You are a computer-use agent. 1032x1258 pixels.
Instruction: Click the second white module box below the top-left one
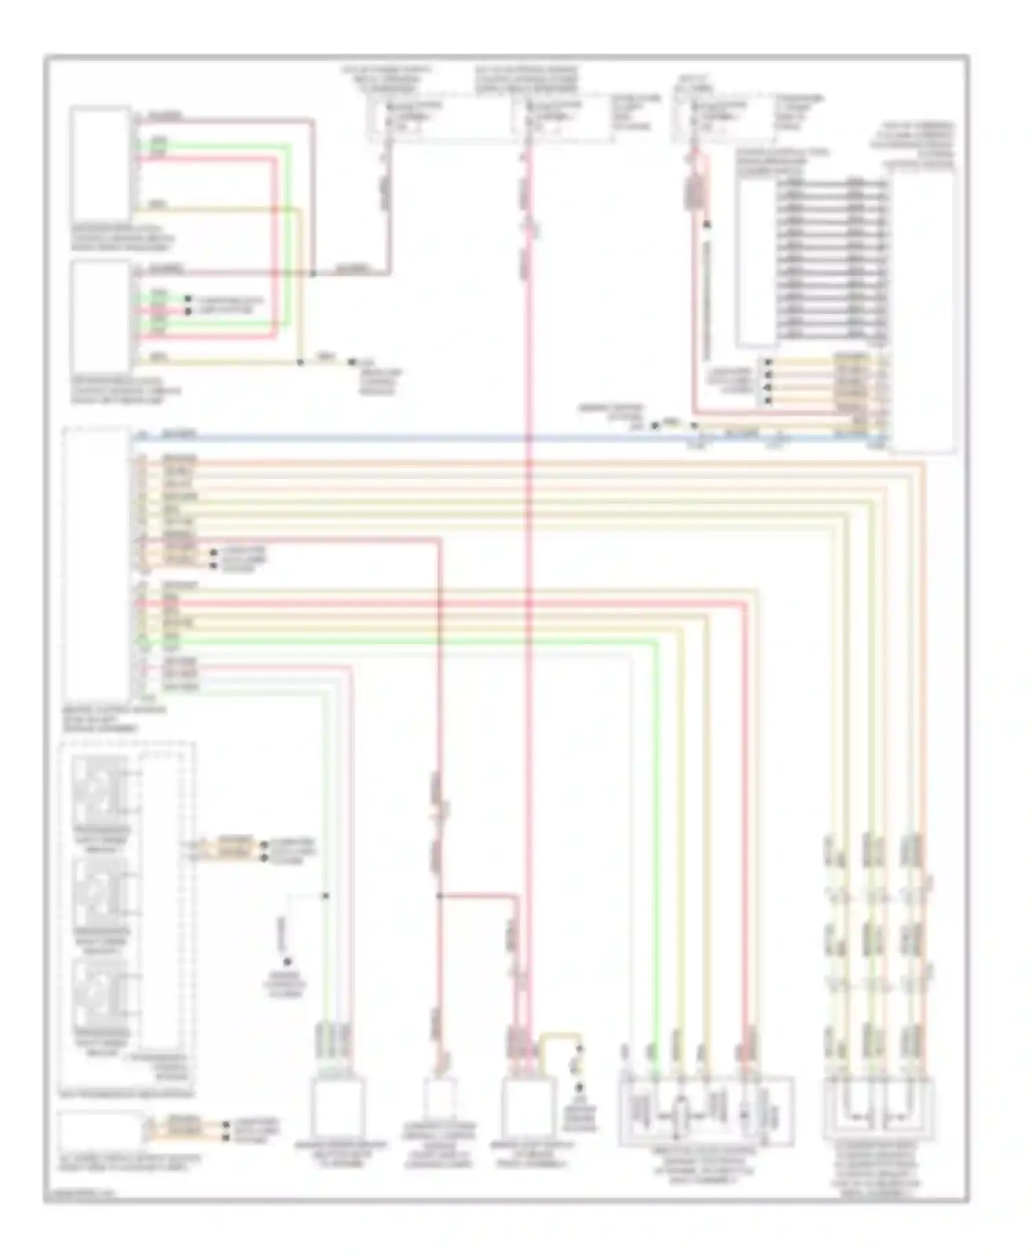(x=100, y=314)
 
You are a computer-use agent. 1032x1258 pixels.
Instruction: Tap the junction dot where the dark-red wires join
(x=313, y=274)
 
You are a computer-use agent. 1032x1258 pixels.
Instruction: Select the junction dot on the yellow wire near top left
(x=300, y=362)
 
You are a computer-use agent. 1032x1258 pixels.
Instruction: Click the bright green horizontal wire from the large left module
(x=413, y=641)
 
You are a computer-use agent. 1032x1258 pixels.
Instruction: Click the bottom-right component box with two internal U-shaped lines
(x=878, y=1108)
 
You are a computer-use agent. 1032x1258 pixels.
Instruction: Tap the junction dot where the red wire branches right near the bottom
(x=439, y=895)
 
